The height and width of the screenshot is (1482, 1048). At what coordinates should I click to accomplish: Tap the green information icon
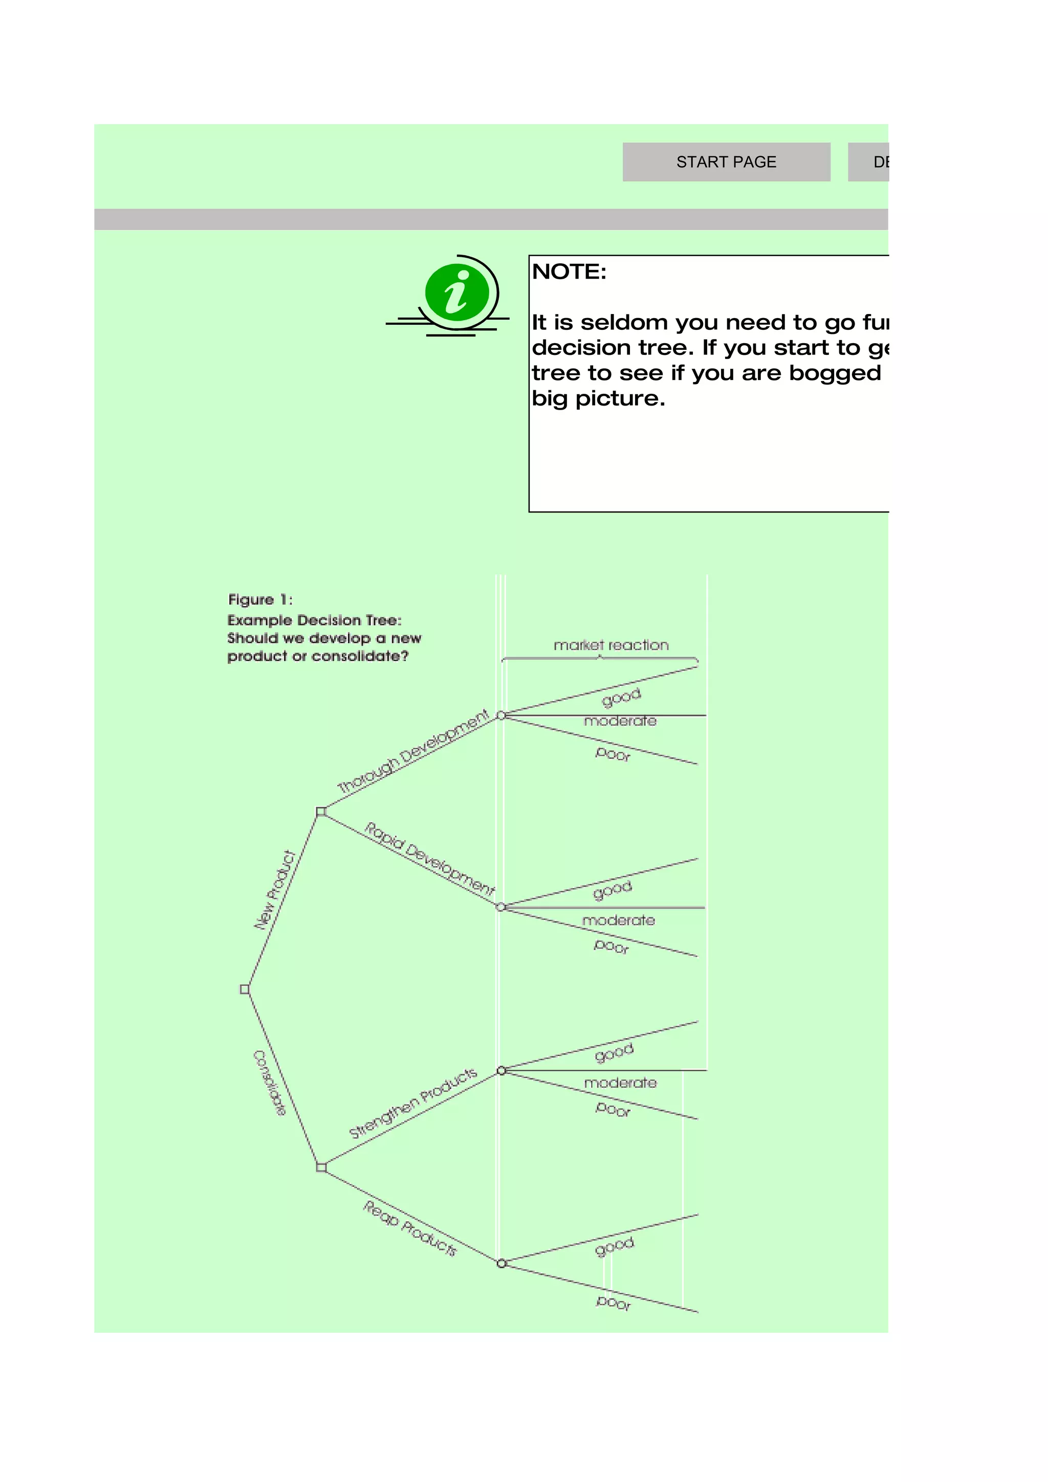click(x=457, y=293)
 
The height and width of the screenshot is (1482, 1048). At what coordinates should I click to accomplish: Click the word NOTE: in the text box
click(x=569, y=272)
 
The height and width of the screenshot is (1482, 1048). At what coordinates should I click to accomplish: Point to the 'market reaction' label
click(x=611, y=645)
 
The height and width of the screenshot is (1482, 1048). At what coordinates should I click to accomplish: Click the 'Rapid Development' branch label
click(x=429, y=859)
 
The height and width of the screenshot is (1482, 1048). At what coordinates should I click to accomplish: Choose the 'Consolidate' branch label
click(x=269, y=1083)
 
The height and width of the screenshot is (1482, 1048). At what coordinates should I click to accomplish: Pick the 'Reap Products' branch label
click(x=410, y=1228)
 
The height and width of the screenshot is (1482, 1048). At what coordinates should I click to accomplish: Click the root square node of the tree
click(x=245, y=990)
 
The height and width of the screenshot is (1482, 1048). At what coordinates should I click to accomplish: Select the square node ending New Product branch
click(x=321, y=812)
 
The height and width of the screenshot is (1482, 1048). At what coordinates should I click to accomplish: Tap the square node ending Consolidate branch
click(x=321, y=1167)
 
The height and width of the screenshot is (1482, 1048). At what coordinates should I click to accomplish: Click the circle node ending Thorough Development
click(x=501, y=715)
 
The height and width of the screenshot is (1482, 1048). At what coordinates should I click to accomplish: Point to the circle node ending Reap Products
click(x=501, y=1263)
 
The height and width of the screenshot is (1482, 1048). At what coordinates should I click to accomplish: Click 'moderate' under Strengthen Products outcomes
click(x=620, y=1083)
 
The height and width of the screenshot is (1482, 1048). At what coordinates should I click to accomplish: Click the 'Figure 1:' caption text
click(x=260, y=600)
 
